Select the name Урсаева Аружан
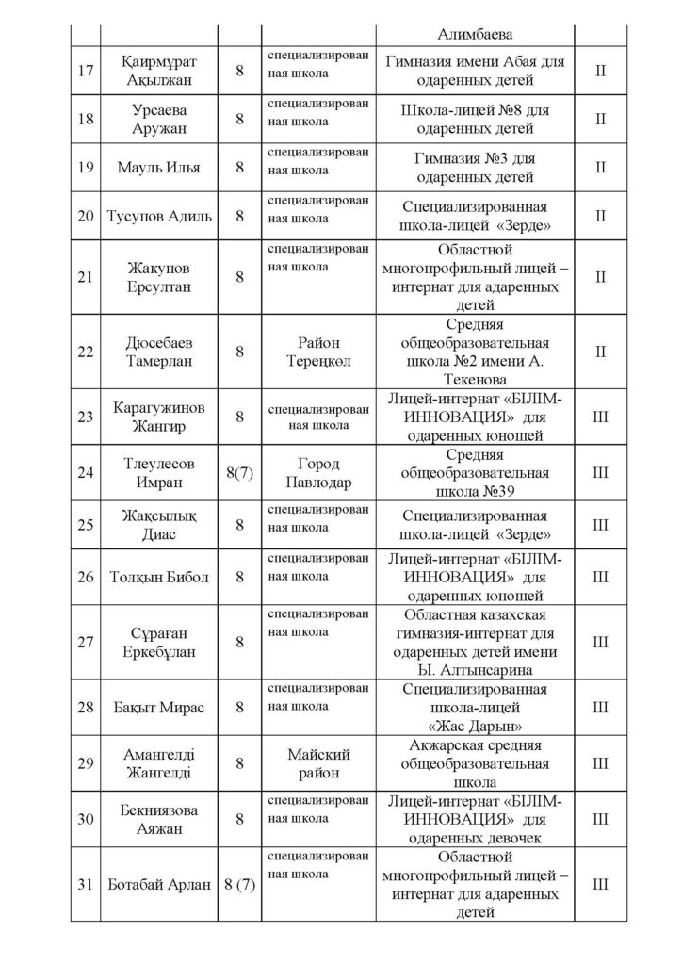click(146, 119)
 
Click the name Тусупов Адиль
click(146, 216)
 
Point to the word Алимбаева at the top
click(476, 34)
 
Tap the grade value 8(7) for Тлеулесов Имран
click(240, 474)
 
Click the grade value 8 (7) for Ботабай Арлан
click(240, 885)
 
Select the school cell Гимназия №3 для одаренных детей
click(476, 167)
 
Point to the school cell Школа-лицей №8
click(476, 119)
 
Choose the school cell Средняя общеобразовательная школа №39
click(476, 474)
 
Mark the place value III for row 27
click(600, 642)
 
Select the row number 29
click(85, 765)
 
